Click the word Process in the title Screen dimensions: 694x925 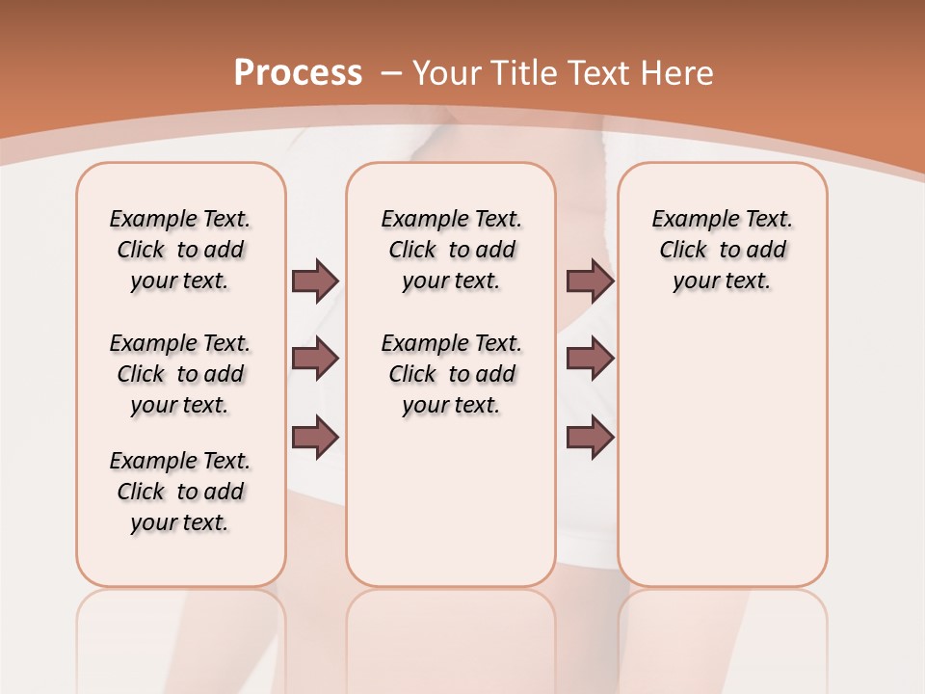click(298, 72)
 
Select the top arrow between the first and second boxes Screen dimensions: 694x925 click(315, 280)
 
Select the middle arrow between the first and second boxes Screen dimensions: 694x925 click(315, 359)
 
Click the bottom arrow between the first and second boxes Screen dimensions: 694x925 click(315, 438)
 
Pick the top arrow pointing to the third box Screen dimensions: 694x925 click(590, 280)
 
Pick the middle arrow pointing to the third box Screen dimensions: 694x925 click(590, 359)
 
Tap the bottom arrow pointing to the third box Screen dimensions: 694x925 click(590, 438)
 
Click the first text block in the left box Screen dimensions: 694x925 click(180, 250)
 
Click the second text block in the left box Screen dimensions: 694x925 click(180, 374)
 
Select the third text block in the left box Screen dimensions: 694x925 click(180, 492)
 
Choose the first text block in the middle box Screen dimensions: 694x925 click(451, 250)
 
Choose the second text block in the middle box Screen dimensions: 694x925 click(451, 374)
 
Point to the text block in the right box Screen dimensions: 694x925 click(722, 250)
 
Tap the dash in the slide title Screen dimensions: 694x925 click(391, 73)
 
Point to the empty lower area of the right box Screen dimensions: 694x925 click(722, 463)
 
